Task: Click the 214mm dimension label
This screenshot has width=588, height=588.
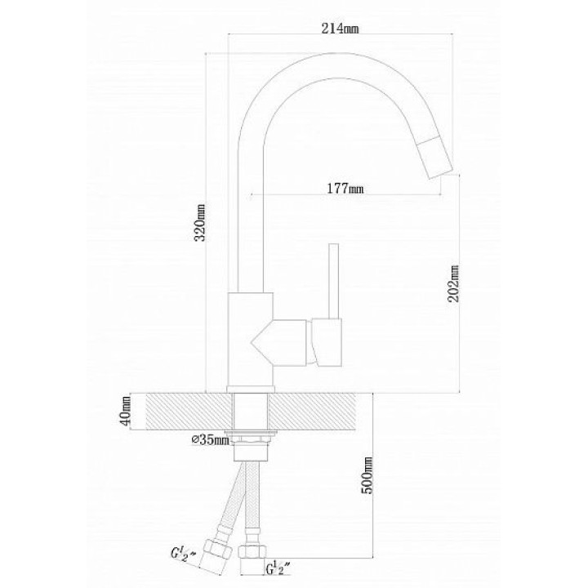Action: click(340, 28)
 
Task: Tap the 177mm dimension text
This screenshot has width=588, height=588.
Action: click(345, 188)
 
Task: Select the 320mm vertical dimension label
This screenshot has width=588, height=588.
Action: click(200, 223)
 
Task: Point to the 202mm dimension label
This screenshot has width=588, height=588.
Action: click(453, 283)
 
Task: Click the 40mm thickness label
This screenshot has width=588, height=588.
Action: click(126, 411)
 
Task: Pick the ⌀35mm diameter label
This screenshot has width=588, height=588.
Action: click(211, 439)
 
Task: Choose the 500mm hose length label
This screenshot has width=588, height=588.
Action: click(367, 475)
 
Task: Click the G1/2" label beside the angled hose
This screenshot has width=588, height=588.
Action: click(184, 554)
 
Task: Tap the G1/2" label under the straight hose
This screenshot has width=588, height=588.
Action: click(279, 568)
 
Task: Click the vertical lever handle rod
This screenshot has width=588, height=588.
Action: click(333, 281)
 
